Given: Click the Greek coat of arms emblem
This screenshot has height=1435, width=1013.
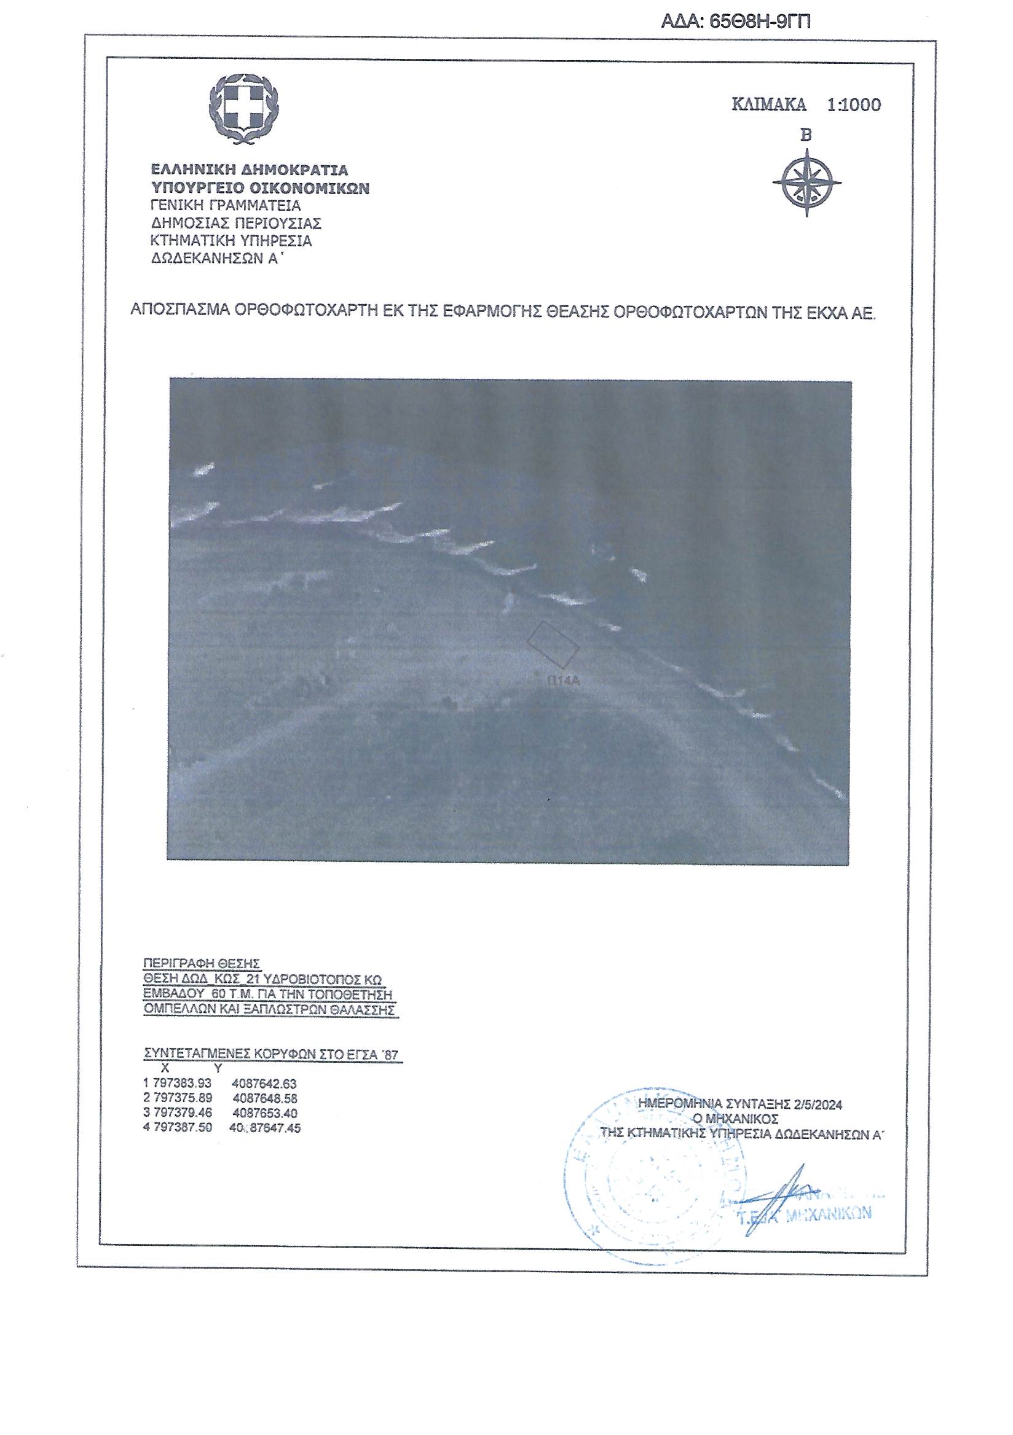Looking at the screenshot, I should pyautogui.click(x=243, y=108).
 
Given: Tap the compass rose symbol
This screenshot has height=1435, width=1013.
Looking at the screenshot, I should pyautogui.click(x=806, y=182).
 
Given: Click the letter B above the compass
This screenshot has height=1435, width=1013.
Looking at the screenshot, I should pyautogui.click(x=806, y=135).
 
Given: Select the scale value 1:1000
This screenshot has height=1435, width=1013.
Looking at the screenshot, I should pyautogui.click(x=854, y=105).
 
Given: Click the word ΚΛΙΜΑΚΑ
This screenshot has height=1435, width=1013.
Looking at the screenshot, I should pyautogui.click(x=768, y=105).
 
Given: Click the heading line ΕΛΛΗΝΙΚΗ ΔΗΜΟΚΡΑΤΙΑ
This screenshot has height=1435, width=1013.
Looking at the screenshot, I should pyautogui.click(x=249, y=170).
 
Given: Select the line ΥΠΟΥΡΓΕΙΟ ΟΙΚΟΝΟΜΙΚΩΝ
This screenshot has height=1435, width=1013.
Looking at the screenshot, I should pyautogui.click(x=260, y=188).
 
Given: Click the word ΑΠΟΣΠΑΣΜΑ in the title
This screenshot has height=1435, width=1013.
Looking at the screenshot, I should pyautogui.click(x=179, y=311).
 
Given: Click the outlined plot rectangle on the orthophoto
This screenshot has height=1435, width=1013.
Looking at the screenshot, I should pyautogui.click(x=552, y=643).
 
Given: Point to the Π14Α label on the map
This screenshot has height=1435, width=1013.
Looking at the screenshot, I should pyautogui.click(x=564, y=681).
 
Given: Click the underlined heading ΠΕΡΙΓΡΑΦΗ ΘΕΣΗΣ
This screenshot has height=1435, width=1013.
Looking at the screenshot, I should pyautogui.click(x=202, y=963).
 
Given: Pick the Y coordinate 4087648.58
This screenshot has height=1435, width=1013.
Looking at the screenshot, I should pyautogui.click(x=264, y=1098).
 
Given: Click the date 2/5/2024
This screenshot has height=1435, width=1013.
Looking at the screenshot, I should pyautogui.click(x=818, y=1105).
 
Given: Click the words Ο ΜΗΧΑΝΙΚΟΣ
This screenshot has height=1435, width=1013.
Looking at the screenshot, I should pyautogui.click(x=735, y=1119).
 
